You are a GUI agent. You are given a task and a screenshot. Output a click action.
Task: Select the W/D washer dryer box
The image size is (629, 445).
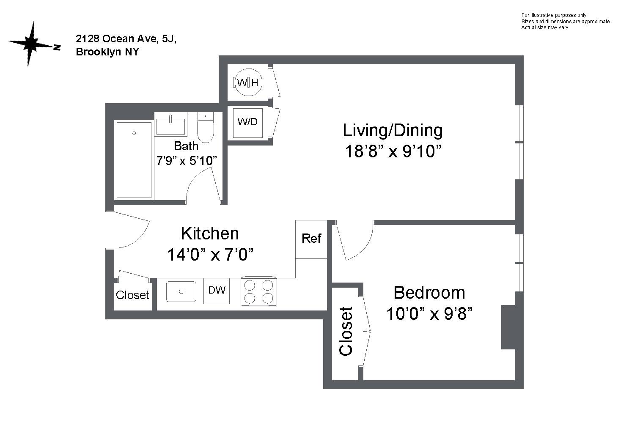click(248, 123)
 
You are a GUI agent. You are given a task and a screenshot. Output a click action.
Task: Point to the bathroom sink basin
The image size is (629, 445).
click(171, 126)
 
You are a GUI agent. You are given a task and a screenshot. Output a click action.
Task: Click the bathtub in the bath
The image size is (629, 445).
click(134, 160)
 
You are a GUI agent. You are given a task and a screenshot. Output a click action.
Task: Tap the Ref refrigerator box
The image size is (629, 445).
click(311, 239)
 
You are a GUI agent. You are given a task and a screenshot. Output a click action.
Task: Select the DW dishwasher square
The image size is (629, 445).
click(217, 291)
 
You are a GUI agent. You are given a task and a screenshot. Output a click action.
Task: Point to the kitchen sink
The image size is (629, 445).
click(181, 292)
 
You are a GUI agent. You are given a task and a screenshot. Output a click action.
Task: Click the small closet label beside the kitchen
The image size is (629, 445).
click(132, 295)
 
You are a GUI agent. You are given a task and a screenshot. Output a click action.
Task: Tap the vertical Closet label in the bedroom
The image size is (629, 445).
click(346, 331)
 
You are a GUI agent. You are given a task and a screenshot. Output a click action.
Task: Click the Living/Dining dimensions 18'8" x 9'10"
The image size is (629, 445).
click(393, 151)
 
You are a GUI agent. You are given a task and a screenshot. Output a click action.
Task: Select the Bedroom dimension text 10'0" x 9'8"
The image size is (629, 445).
click(430, 313)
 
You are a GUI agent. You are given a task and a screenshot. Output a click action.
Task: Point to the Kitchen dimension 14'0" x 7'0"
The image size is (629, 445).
click(210, 255)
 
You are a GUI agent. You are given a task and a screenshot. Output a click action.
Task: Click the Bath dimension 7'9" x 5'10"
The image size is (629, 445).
click(187, 161)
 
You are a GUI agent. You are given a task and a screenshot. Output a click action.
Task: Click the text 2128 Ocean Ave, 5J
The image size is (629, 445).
click(126, 39)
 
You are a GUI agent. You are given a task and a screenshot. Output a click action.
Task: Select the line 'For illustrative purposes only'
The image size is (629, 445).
click(554, 15)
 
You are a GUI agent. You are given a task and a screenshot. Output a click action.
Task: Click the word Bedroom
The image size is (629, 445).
click(429, 293)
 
